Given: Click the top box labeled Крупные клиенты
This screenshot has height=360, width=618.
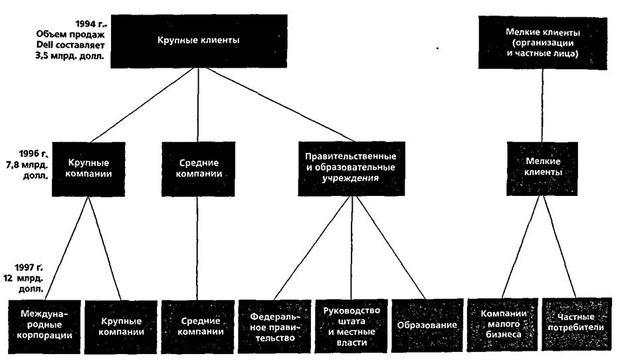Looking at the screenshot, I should coord(199,41).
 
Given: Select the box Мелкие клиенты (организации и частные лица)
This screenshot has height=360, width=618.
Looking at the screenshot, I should coord(542,41).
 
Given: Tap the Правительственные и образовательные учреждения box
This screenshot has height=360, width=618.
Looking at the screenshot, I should coord(350,167).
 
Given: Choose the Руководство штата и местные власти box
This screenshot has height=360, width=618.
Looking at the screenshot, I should coord(351,325).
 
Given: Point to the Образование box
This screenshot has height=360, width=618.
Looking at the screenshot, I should coord(427,325).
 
